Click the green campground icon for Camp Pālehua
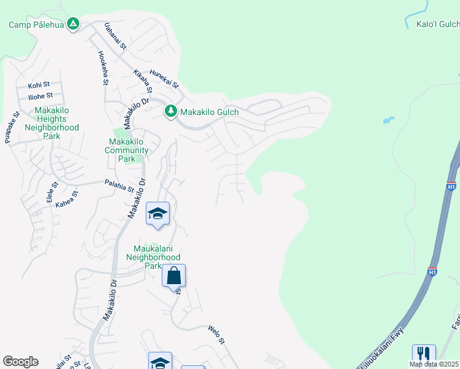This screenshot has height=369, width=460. tap(73, 24)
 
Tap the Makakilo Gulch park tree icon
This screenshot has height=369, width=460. tap(170, 111)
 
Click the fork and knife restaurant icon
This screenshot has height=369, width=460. tap(424, 354)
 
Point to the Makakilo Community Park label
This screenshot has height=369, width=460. tap(126, 150)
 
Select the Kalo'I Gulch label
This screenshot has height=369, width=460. tap(437, 25)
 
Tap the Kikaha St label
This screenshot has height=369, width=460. tap(142, 82)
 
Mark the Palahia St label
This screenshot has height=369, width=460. tap(119, 186)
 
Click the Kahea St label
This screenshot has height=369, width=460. tap(68, 199)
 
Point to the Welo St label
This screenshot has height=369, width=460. tap(217, 334)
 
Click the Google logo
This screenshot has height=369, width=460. tap(20, 362)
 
